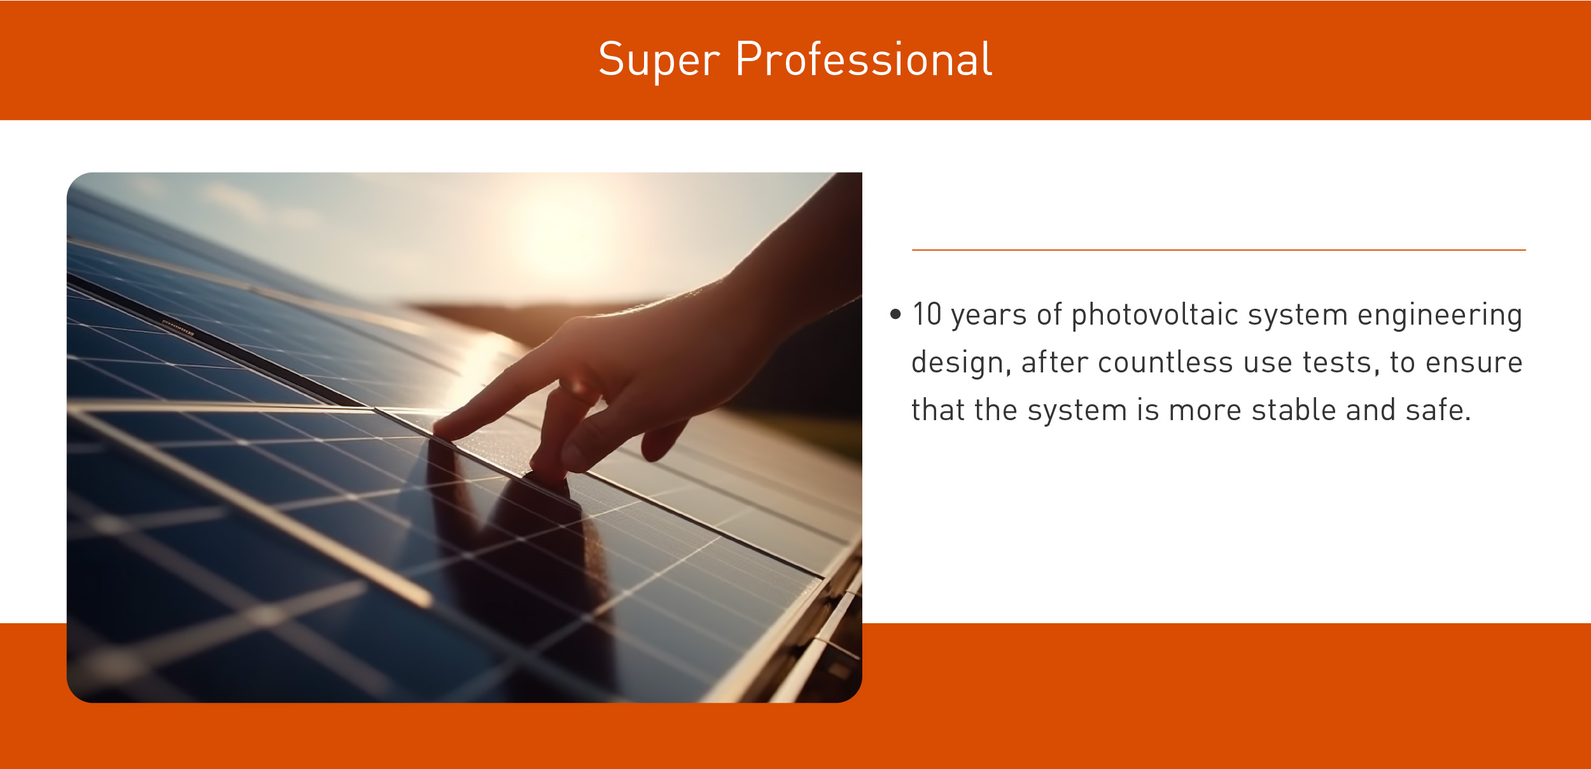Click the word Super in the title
(659, 60)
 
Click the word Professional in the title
(864, 60)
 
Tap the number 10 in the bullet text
(927, 314)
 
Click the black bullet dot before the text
(896, 314)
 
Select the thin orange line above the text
(1219, 250)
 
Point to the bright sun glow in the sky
(560, 229)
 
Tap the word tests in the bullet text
(1342, 363)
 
